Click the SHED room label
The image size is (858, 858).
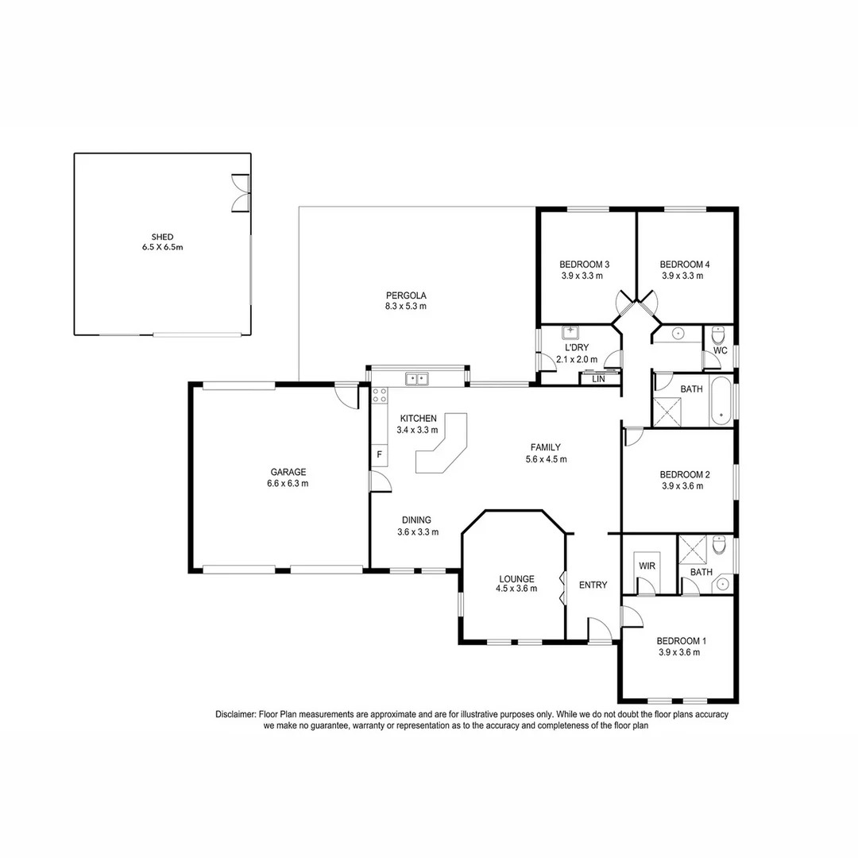[162, 237]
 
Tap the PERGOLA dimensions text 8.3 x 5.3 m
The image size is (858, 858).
[406, 306]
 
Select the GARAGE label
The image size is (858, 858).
[288, 472]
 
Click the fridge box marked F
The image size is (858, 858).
[379, 454]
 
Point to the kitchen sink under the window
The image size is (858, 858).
[417, 378]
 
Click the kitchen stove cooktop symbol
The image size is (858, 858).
[380, 396]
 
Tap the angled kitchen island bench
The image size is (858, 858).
[443, 449]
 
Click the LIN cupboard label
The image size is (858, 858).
[597, 380]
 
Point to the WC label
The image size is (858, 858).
[721, 350]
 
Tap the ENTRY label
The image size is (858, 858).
[593, 586]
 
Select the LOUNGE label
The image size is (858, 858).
[516, 578]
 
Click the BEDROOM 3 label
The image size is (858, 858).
[584, 265]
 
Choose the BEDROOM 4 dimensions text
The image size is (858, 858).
[683, 276]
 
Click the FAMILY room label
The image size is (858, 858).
[546, 447]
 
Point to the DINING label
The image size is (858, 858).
[416, 520]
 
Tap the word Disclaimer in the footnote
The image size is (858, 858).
[235, 715]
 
